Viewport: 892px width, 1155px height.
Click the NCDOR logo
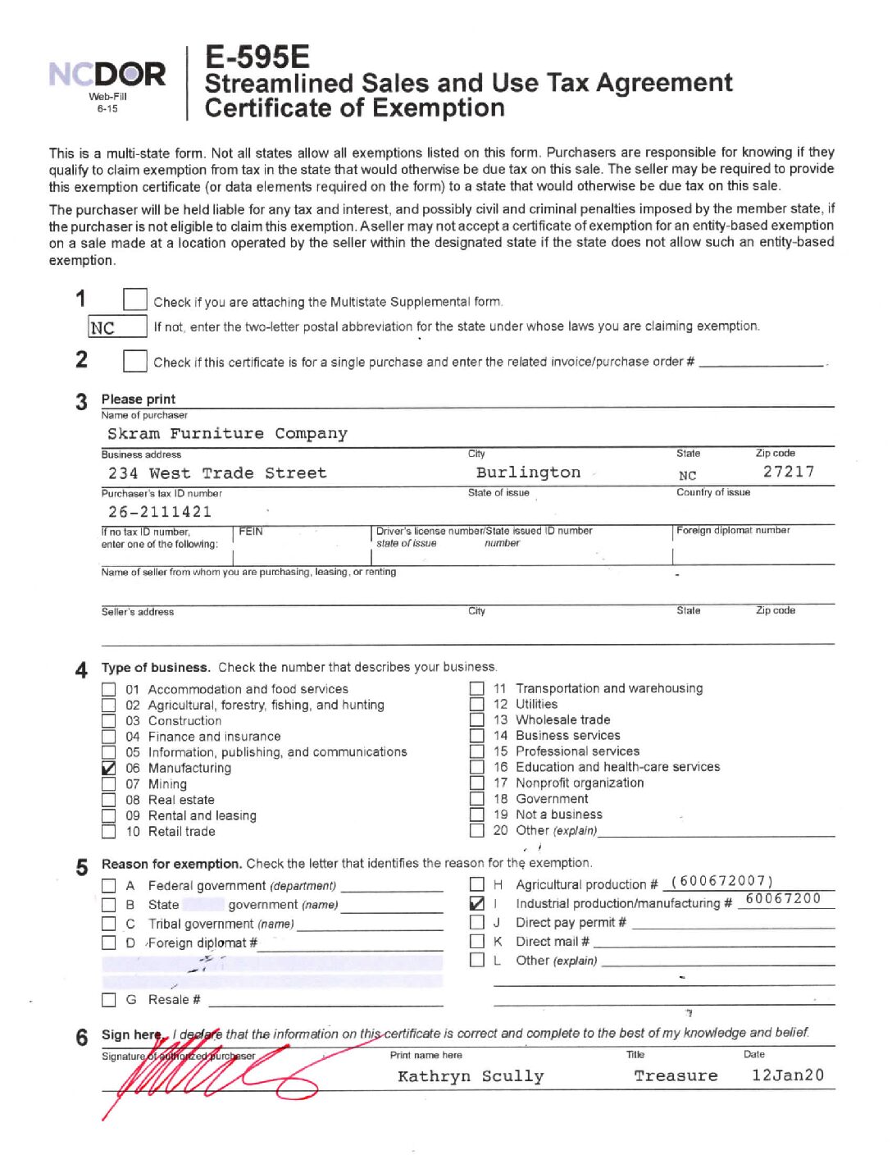107,75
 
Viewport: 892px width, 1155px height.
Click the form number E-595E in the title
257,57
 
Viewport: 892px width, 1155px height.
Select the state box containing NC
117,327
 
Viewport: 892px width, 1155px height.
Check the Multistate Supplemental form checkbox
134,300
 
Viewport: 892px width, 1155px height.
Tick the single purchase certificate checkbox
134,361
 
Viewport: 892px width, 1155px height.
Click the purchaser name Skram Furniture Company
227,433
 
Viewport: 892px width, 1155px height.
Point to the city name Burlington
528,472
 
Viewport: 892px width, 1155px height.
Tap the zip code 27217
788,472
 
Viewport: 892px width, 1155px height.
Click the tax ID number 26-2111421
160,512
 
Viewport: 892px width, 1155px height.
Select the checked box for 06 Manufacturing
108,769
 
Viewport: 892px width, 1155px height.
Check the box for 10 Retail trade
108,832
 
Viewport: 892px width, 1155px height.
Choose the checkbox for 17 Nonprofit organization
476,783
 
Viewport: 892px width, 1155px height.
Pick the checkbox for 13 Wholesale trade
476,720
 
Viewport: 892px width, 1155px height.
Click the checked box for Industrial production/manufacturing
476,903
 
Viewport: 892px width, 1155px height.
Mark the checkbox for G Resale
108,1000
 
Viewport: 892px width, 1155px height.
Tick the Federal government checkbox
108,886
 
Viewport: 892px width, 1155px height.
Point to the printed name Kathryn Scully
471,1076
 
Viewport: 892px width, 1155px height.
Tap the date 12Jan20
787,1075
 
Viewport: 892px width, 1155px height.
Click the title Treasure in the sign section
676,1075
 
